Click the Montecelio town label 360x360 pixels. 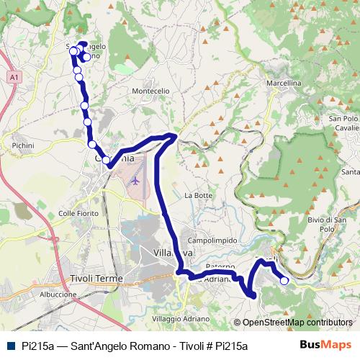pos(150,91)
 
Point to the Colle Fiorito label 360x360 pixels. pos(77,213)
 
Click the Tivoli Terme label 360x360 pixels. pos(97,278)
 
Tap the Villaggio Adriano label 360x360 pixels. pos(181,318)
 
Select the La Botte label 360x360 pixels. pos(199,195)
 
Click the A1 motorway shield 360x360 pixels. pos(14,76)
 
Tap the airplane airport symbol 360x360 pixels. pos(135,181)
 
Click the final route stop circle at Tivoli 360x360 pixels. pos(284,281)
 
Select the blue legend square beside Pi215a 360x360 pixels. pos(9,346)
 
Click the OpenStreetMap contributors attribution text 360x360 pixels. pos(297,323)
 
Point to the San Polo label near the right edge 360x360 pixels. pos(343,118)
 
